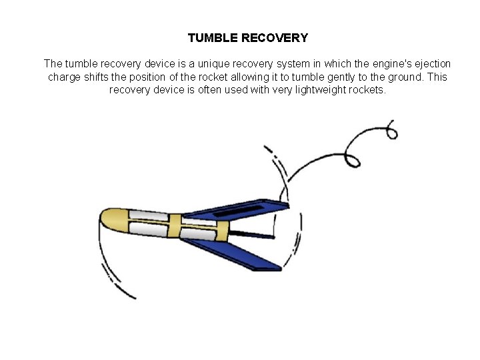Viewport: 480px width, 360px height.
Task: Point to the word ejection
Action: [x=431, y=64]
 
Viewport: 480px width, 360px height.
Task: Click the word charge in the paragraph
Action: [x=65, y=77]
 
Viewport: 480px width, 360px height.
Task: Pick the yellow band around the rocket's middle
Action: [x=175, y=228]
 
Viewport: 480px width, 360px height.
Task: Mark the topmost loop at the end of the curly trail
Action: [x=391, y=131]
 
